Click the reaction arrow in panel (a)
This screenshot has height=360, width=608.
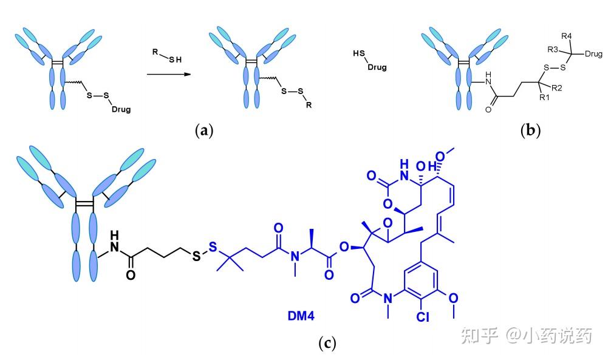(169, 74)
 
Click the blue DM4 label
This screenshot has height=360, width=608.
(301, 316)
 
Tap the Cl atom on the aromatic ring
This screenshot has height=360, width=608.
(423, 317)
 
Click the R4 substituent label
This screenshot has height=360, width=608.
(567, 36)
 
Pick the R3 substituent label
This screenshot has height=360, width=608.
(553, 49)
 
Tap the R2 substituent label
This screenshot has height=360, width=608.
(557, 88)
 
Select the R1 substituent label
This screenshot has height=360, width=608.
(544, 98)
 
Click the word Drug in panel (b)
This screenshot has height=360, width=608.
(593, 54)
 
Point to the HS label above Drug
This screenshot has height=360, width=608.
(359, 53)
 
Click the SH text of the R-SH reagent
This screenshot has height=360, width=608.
(176, 59)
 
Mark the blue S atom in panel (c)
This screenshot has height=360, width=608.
(213, 247)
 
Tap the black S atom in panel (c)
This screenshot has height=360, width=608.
(197, 256)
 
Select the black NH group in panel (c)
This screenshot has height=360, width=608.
(114, 242)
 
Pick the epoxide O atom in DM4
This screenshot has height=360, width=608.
(388, 223)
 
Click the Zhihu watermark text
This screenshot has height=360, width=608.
(527, 336)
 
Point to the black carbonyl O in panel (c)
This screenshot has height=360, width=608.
(131, 275)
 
